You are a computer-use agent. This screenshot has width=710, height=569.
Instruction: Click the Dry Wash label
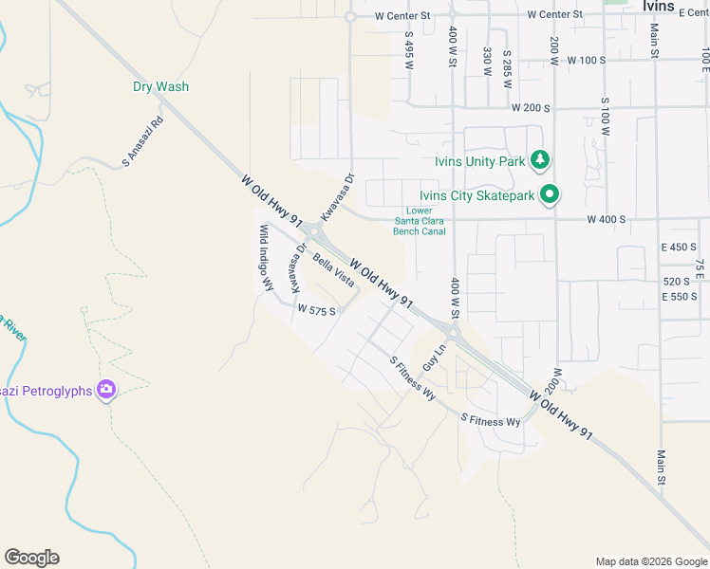click(160, 86)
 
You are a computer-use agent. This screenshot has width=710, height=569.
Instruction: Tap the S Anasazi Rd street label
click(143, 142)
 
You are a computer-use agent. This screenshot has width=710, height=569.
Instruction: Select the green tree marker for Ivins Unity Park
click(540, 159)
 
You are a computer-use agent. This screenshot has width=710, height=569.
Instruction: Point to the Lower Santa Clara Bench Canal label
click(420, 221)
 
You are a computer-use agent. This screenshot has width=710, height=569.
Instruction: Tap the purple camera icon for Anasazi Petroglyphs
click(106, 389)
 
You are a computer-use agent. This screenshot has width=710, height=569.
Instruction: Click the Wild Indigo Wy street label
click(267, 257)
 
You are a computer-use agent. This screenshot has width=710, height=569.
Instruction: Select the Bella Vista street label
click(333, 272)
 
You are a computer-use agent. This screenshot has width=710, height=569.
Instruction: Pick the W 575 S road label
click(316, 310)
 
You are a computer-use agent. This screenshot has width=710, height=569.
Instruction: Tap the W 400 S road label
click(606, 220)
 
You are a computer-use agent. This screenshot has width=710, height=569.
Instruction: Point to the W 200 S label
click(531, 108)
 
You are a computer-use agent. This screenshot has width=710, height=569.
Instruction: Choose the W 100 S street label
click(586, 60)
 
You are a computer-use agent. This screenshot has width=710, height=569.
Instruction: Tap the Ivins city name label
click(658, 7)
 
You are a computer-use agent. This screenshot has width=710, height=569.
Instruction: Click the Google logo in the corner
click(31, 558)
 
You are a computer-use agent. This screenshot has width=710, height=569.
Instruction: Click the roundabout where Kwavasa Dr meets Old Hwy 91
click(314, 230)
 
